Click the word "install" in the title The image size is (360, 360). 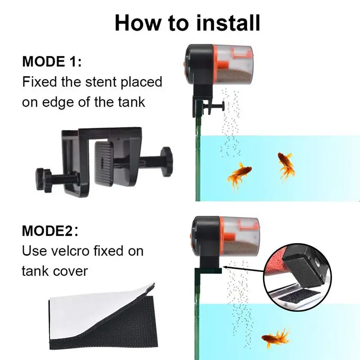tap(228, 23)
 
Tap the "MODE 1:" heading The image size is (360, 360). tap(52, 62)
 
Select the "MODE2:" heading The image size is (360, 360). tap(50, 231)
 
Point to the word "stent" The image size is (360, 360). tap(101, 82)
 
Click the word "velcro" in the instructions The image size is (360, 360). tap(70, 251)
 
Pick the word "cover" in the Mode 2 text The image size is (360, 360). tap(71, 271)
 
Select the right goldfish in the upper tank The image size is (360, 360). tap(286, 165)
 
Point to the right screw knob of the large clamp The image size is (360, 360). tap(166, 162)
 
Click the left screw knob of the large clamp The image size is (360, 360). tap(42, 179)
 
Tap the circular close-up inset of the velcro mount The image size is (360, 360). tap(297, 277)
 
